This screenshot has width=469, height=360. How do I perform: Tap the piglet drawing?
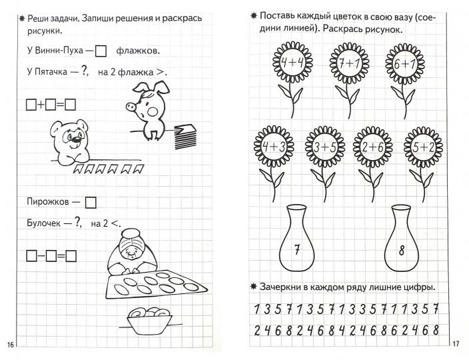pyautogui.click(x=149, y=106)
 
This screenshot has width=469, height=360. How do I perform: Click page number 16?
pyautogui.click(x=10, y=344)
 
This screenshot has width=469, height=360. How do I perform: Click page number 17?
pyautogui.click(x=455, y=344)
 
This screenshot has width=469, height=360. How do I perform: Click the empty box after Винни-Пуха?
pyautogui.click(x=101, y=50)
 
